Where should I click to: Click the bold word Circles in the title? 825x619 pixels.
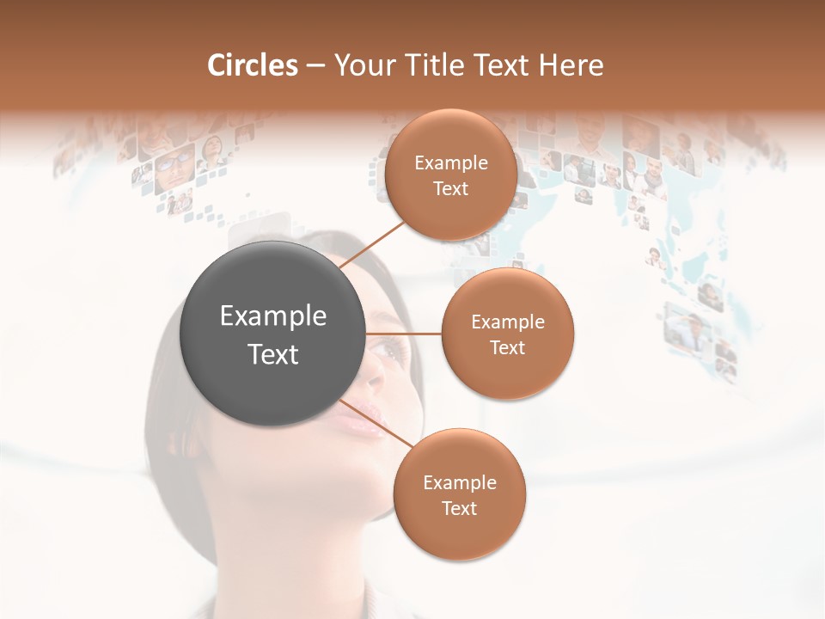252,65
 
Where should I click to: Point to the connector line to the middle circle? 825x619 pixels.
403,334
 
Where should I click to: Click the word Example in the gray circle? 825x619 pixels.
273,316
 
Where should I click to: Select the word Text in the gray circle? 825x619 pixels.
273,354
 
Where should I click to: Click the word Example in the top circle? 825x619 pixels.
451,163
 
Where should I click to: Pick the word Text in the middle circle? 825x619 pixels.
508,348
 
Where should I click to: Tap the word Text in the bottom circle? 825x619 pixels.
460,509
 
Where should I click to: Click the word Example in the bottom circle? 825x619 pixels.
460,483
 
